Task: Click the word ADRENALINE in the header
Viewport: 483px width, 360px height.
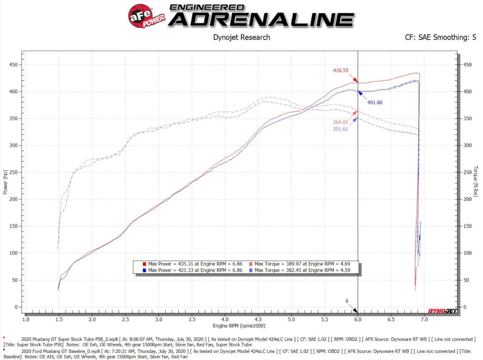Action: coord(261,20)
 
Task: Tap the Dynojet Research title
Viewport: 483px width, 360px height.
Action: coord(241,37)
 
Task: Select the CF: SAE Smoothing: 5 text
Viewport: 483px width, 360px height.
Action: coord(440,37)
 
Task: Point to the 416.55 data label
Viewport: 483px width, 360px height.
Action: coord(340,70)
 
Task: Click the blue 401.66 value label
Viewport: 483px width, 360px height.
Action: coord(375,102)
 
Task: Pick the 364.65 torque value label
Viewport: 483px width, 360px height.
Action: coord(340,122)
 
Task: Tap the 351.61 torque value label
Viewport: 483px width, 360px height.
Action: coord(340,129)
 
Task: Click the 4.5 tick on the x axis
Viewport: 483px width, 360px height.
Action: coord(258,319)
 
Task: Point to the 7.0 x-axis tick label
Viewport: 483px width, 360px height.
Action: coord(424,319)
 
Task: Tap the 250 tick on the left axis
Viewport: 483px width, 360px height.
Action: coord(13,172)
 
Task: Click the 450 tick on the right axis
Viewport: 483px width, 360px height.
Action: coord(467,65)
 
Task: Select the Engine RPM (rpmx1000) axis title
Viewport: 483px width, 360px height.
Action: coord(239,326)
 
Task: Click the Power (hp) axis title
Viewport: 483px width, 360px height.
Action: coord(5,182)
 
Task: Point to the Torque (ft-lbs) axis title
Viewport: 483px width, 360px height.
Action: coord(476,181)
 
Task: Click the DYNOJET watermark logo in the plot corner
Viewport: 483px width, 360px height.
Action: coord(443,311)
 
